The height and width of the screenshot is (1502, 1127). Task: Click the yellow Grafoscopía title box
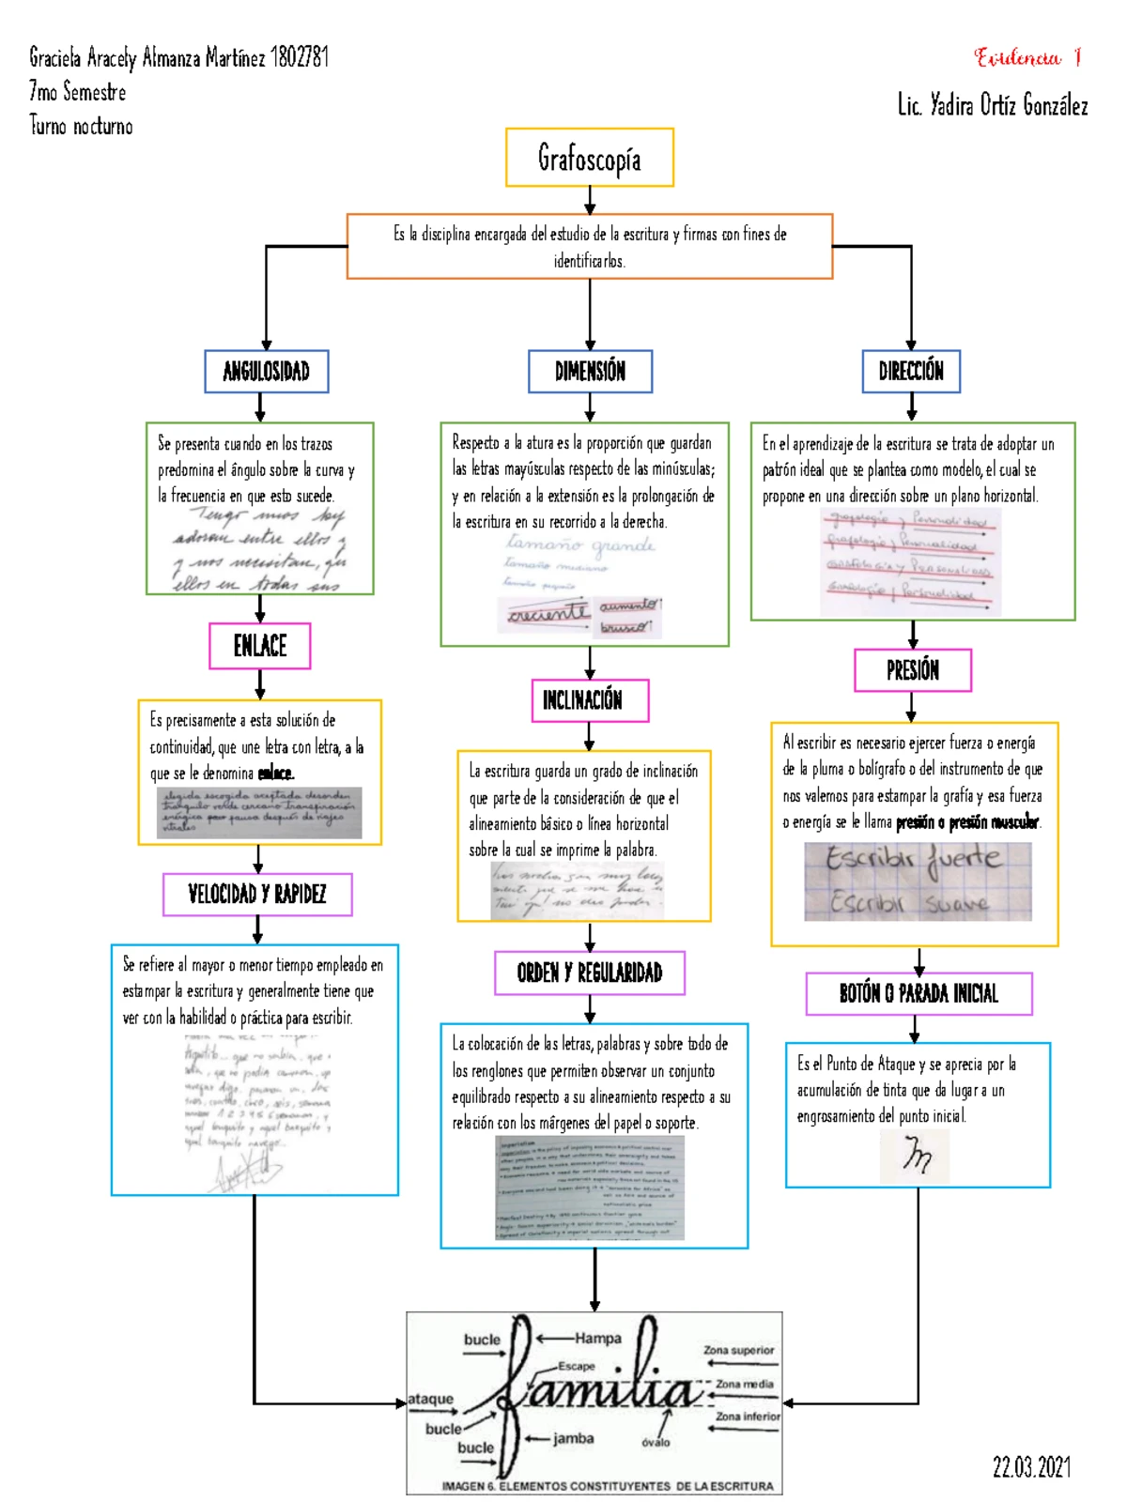(x=590, y=158)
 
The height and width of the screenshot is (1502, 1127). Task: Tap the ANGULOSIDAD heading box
(x=267, y=371)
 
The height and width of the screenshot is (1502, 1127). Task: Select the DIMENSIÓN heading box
(x=590, y=371)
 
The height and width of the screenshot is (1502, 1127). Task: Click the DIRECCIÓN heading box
(x=911, y=371)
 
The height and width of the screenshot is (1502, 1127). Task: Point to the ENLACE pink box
(x=260, y=646)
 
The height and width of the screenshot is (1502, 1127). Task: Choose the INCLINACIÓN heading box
(x=590, y=700)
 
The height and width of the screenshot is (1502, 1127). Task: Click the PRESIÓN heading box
(x=912, y=670)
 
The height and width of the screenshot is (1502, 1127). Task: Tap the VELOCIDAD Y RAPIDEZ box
(x=257, y=894)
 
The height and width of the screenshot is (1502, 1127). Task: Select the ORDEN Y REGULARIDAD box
(x=590, y=973)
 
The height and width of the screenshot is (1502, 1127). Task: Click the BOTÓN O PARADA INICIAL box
(x=919, y=993)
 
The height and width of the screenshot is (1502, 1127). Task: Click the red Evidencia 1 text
(x=1028, y=58)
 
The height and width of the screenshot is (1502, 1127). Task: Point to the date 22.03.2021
(x=1031, y=1467)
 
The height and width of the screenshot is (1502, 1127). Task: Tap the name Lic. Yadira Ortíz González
(x=993, y=105)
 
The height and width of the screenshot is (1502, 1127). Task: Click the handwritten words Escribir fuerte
(x=914, y=860)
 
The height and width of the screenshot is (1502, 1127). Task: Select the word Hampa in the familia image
(x=598, y=1339)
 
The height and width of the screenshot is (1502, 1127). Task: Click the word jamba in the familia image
(x=573, y=1438)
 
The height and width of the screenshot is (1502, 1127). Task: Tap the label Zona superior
(x=739, y=1350)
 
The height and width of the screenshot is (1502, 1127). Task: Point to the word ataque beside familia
(x=431, y=1399)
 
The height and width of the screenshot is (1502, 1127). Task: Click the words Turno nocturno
(x=81, y=126)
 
